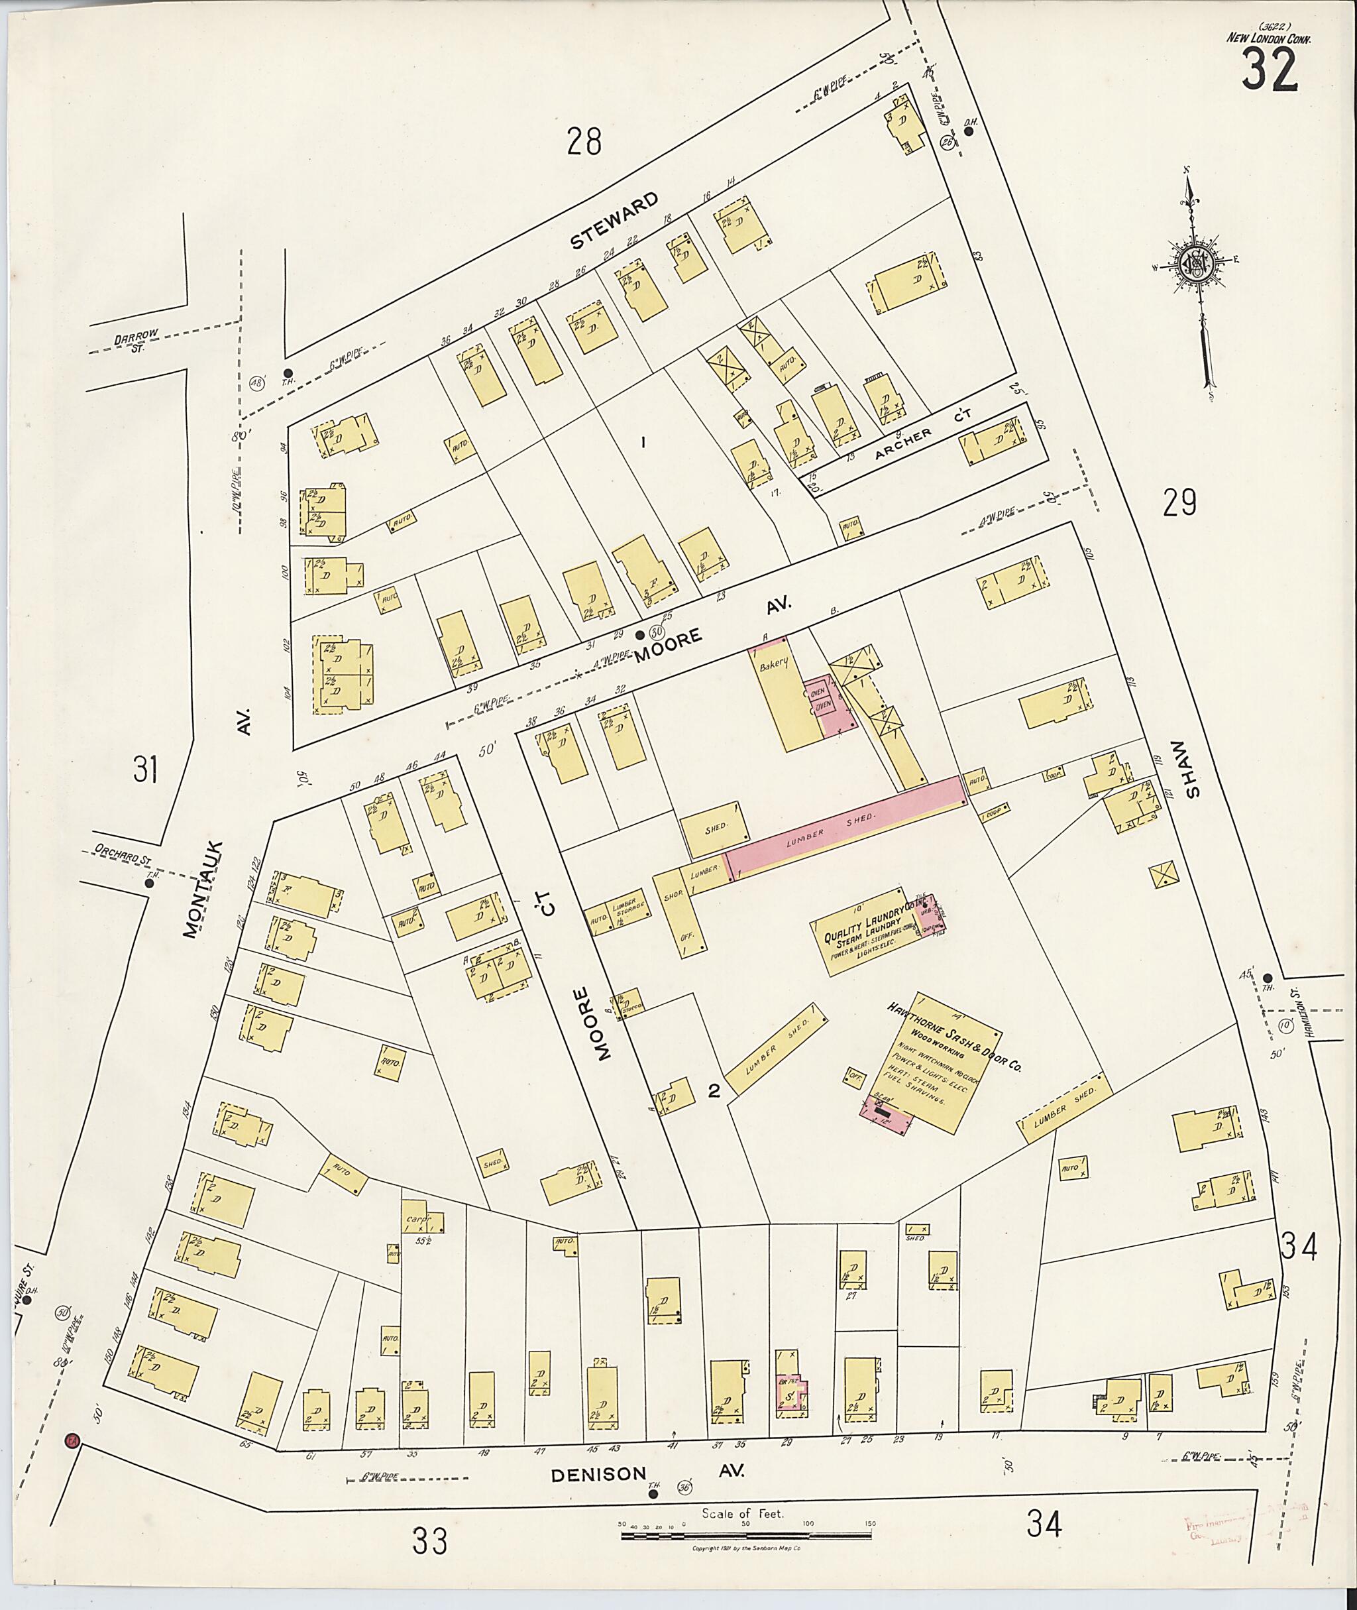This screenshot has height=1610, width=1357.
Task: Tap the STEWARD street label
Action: [x=614, y=221]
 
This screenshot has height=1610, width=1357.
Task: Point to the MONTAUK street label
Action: [x=201, y=889]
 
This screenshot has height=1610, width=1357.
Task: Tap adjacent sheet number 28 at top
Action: [x=584, y=142]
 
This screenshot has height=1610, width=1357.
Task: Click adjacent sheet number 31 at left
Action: [x=145, y=769]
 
